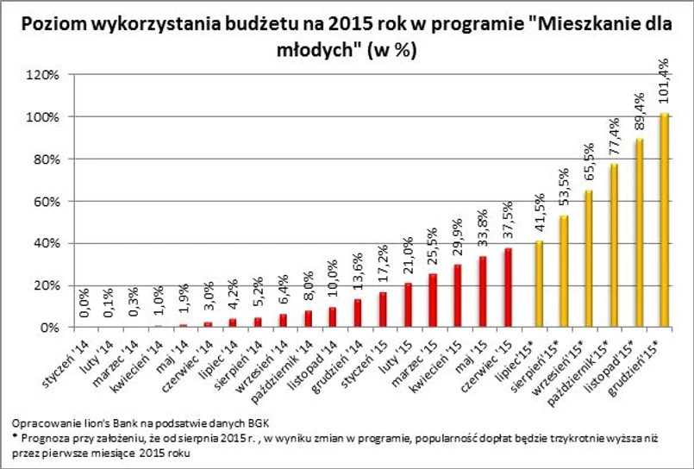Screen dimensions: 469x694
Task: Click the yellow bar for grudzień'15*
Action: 665,221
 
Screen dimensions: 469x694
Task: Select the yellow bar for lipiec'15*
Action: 539,285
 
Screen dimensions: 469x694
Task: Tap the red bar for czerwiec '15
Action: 509,288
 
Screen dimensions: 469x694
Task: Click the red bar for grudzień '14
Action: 358,313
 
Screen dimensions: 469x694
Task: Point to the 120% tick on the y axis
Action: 44,75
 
